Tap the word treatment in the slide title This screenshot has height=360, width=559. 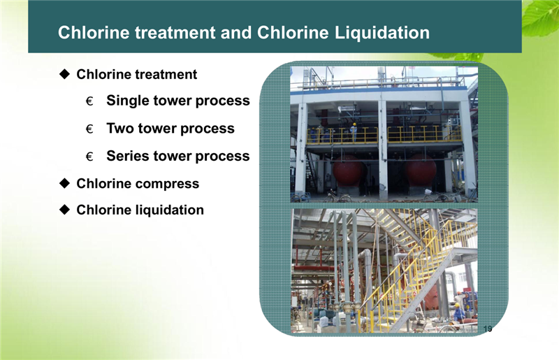[x=175, y=32]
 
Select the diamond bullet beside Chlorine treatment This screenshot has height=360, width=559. [x=64, y=74]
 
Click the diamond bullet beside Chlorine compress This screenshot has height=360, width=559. [x=64, y=183]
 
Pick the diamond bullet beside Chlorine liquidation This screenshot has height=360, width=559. [x=64, y=210]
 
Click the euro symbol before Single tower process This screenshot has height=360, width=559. [x=89, y=101]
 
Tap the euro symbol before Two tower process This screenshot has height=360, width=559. [x=89, y=129]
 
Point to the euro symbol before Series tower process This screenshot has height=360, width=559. [x=89, y=157]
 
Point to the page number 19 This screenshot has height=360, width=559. [x=488, y=329]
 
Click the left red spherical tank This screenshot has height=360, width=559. [x=347, y=170]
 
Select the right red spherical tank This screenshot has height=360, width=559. [x=421, y=169]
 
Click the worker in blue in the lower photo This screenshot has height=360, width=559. [x=459, y=312]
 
